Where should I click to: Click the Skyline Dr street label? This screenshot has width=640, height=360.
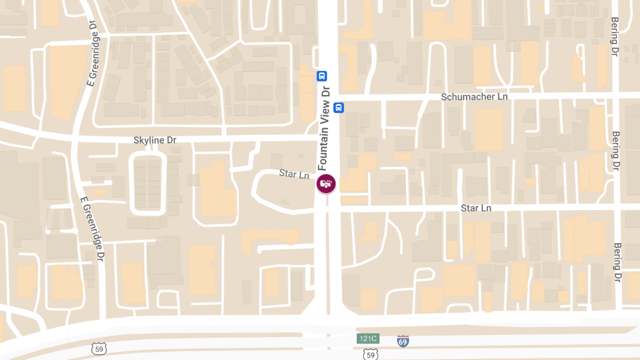point(155,140)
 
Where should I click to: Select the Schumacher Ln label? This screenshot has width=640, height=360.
point(474,97)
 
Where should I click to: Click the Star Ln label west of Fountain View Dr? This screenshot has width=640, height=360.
point(294,174)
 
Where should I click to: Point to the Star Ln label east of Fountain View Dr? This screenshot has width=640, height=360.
point(476,207)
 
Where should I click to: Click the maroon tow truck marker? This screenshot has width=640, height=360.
point(326,184)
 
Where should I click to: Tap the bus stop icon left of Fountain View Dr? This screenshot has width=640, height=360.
point(322,76)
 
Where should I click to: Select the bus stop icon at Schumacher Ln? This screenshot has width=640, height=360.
point(338,108)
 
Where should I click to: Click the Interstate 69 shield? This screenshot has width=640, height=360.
point(403,341)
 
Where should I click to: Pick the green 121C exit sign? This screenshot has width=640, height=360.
point(367,339)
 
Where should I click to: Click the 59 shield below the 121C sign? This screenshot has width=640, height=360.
point(370,354)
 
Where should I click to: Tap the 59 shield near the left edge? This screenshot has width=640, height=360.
point(99,349)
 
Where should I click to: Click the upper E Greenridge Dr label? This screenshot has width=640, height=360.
point(92,55)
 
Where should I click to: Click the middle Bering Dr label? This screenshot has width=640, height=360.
point(617,151)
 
